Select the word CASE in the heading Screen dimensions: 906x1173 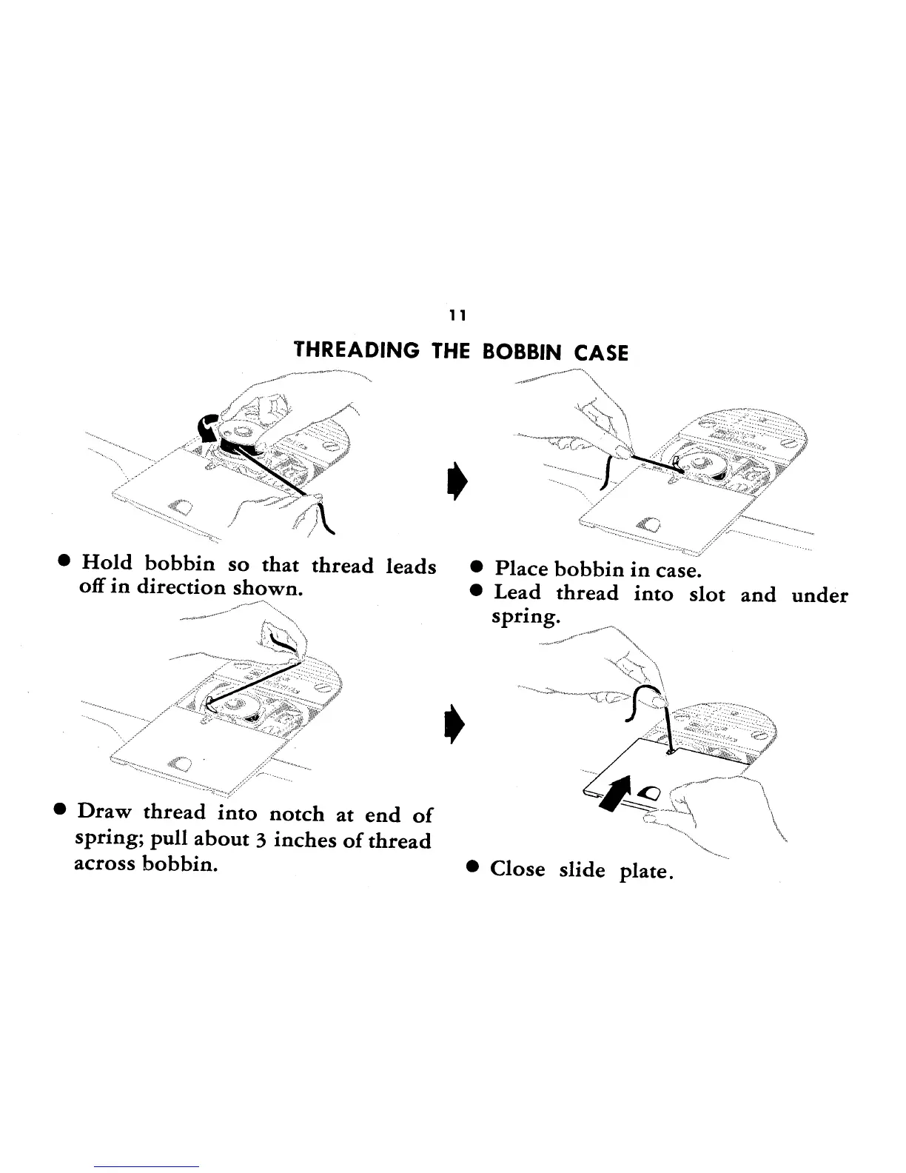600,353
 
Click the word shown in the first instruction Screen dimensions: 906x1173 268,589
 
